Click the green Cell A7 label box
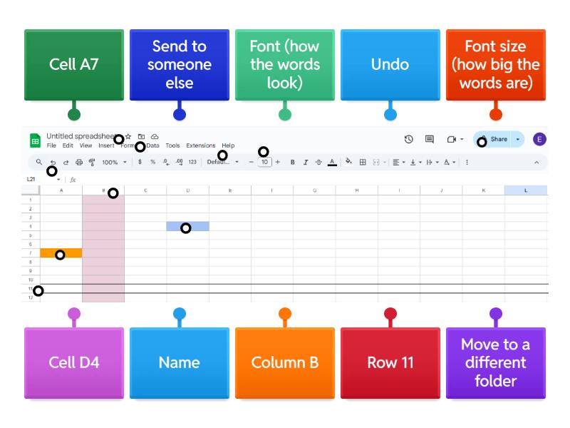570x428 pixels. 73,65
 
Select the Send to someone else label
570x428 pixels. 179,65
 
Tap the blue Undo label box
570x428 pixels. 390,65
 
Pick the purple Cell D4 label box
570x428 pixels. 73,362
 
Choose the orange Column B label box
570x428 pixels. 284,362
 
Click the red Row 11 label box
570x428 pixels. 390,362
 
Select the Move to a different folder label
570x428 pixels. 495,362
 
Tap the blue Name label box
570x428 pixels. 179,362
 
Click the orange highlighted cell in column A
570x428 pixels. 61,253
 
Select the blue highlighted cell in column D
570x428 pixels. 187,226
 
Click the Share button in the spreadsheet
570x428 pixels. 497,139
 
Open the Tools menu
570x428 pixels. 172,146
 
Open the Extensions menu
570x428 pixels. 200,146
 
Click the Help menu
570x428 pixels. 228,146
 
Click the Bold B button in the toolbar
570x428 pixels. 292,163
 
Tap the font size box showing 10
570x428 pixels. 264,163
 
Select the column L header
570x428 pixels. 526,190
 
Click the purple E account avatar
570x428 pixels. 539,139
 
